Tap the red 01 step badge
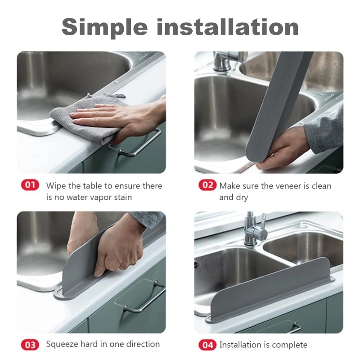point(30,185)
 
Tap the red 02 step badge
point(207,185)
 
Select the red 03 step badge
point(30,345)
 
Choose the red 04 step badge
point(207,345)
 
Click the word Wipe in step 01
point(56,185)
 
